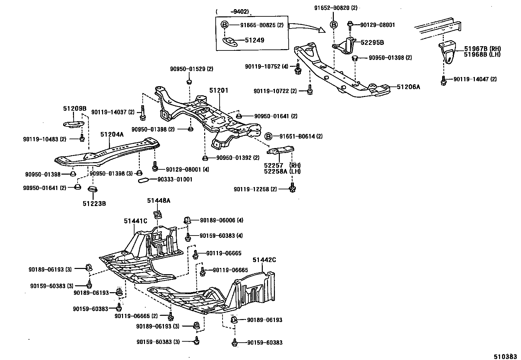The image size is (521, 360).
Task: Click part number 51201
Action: [x=219, y=90]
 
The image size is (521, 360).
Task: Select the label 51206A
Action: [x=408, y=87]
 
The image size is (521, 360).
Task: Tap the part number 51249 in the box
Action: [x=254, y=40]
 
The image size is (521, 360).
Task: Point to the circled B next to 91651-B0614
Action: [x=268, y=136]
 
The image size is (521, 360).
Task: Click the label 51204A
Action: [x=112, y=134]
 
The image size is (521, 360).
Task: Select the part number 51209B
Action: [x=75, y=108]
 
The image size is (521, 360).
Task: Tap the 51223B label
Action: [x=94, y=203]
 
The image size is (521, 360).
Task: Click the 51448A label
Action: [x=158, y=200]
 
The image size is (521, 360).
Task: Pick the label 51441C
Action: [x=135, y=221]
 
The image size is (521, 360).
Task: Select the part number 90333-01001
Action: [x=175, y=180]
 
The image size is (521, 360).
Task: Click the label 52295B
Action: [x=372, y=43]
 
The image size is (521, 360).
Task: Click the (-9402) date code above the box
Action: [x=232, y=12]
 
